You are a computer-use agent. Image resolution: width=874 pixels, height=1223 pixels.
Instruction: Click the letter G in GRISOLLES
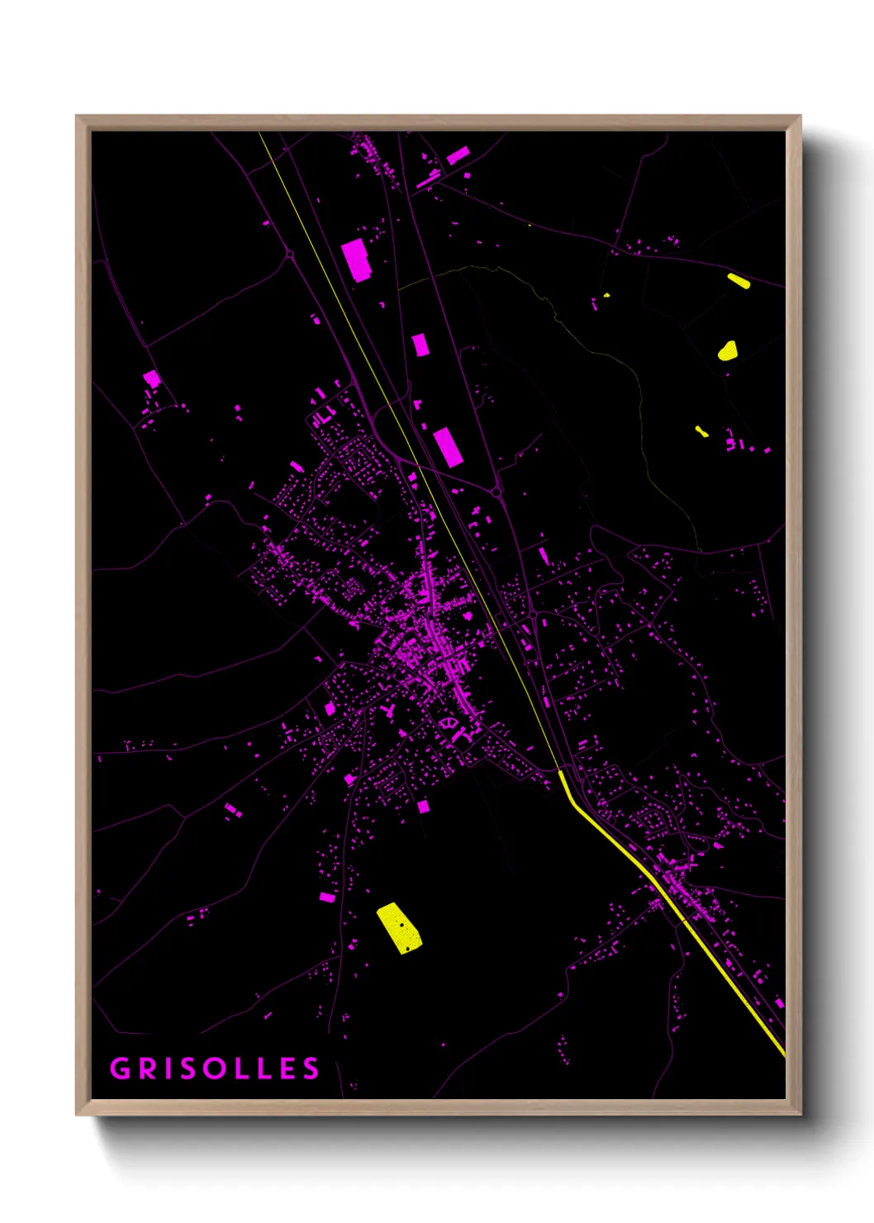tap(121, 1068)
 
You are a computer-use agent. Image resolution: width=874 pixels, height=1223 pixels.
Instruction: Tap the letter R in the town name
tap(147, 1068)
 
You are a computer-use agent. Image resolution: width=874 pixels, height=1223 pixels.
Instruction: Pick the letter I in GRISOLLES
tap(168, 1068)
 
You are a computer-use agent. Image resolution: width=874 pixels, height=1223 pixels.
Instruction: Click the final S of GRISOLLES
tap(311, 1068)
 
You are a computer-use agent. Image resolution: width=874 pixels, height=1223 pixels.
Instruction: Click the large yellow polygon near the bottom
tap(400, 928)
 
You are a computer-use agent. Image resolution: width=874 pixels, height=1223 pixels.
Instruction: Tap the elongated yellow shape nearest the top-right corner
tap(739, 281)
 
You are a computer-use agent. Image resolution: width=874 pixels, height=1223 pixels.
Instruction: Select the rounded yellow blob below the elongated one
tap(727, 350)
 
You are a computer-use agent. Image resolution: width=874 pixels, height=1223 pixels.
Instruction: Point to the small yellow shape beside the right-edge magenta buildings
tap(701, 431)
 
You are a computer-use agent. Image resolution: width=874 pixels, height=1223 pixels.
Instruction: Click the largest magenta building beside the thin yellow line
tap(356, 259)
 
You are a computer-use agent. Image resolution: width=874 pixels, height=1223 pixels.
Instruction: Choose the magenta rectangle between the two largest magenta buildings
tap(420, 345)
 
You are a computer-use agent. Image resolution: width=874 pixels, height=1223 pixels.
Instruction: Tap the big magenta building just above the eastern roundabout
tap(447, 446)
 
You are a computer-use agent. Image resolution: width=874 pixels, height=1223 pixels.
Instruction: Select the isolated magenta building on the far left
tap(152, 379)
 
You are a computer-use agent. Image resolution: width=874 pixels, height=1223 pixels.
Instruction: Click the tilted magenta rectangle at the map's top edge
tap(458, 155)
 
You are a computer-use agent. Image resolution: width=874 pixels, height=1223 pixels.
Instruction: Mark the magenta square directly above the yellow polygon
tap(423, 807)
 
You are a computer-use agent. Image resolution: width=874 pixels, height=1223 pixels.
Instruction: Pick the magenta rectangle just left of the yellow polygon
tap(327, 897)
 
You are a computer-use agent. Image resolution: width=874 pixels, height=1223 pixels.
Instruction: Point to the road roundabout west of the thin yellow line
tap(290, 255)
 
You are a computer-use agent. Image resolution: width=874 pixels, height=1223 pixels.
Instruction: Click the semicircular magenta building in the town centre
tap(449, 724)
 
